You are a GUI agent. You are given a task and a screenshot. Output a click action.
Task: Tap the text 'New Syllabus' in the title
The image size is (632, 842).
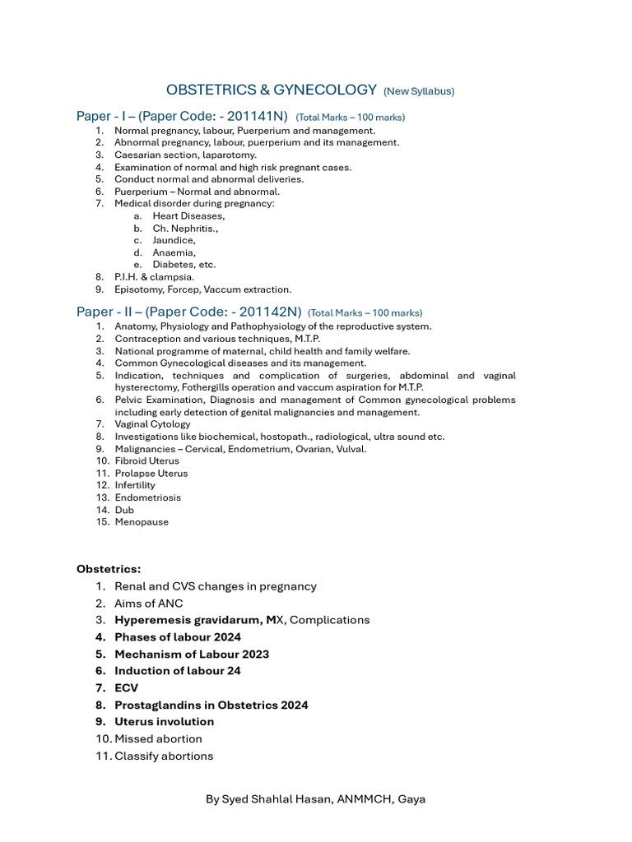click(419, 91)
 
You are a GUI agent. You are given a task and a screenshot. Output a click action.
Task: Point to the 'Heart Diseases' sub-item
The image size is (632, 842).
click(188, 215)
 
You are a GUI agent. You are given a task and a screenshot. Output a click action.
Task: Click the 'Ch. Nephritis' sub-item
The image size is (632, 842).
click(185, 228)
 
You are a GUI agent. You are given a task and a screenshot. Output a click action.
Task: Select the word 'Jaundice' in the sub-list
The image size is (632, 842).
click(174, 240)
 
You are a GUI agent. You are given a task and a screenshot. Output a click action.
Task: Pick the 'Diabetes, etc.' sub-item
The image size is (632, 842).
click(184, 265)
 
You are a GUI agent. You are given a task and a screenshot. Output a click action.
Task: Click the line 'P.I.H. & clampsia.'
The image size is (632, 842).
click(155, 277)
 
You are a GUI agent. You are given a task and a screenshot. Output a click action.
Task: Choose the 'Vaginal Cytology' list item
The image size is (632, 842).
click(152, 424)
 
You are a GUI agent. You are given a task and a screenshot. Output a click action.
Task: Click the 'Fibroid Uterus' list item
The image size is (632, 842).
click(146, 460)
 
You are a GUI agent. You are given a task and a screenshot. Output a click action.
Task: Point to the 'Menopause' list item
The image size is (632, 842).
click(142, 522)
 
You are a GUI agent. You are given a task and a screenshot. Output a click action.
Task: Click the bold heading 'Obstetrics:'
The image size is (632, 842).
click(109, 569)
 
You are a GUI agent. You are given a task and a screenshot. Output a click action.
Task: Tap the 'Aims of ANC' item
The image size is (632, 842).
click(149, 604)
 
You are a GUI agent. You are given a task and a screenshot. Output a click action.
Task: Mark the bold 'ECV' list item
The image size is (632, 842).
click(127, 688)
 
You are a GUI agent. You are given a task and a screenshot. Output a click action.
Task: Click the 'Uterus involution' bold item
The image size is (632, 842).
click(164, 722)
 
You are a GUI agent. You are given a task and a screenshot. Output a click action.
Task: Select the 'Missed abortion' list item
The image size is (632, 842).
click(158, 739)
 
